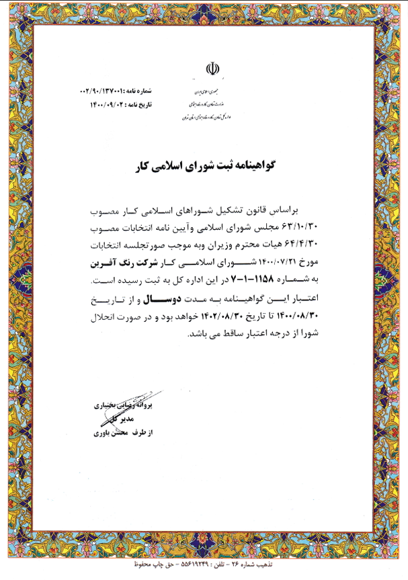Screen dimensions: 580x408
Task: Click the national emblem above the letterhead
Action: tap(212, 69)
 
